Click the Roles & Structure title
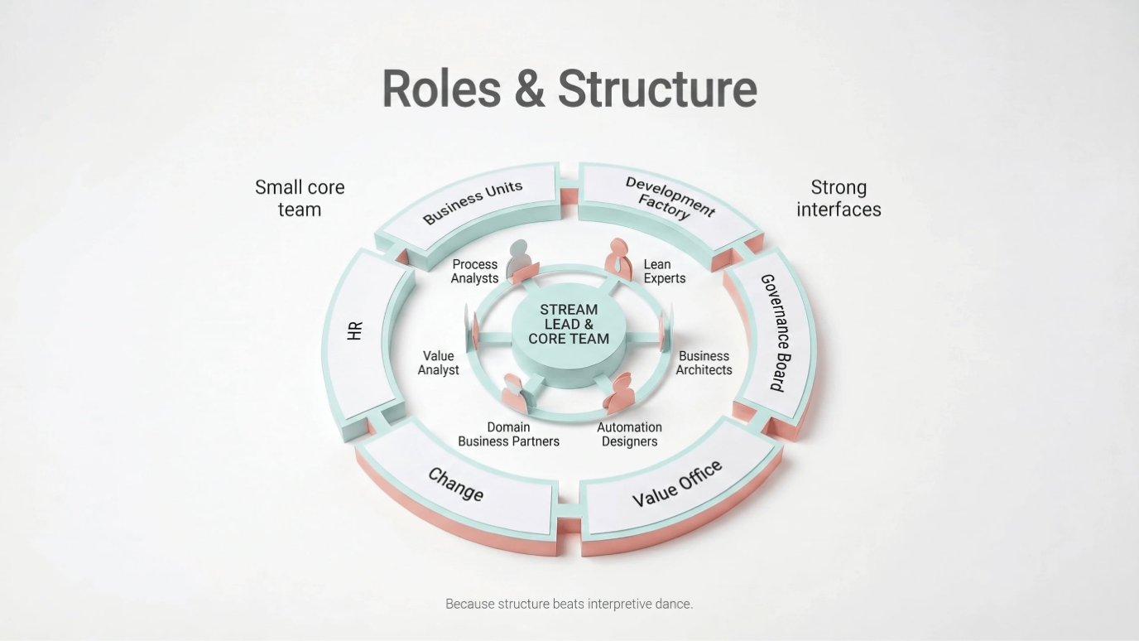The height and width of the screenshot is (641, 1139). point(569,89)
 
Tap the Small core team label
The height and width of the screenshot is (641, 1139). point(300,199)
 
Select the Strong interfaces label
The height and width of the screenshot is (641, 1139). point(839,199)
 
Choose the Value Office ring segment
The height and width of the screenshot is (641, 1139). point(678,484)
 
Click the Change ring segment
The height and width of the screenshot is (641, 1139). point(456,484)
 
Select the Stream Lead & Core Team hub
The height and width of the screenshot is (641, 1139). point(569,325)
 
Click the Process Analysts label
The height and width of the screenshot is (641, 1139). point(474,272)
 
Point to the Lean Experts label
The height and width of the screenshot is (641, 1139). point(664,272)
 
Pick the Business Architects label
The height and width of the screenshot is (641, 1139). point(704,363)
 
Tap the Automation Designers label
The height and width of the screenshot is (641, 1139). point(629,434)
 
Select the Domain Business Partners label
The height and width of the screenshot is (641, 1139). point(508,434)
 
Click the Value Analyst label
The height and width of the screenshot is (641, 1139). point(438,363)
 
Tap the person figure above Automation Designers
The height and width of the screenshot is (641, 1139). point(619,392)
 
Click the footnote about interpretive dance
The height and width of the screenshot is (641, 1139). point(569,604)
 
